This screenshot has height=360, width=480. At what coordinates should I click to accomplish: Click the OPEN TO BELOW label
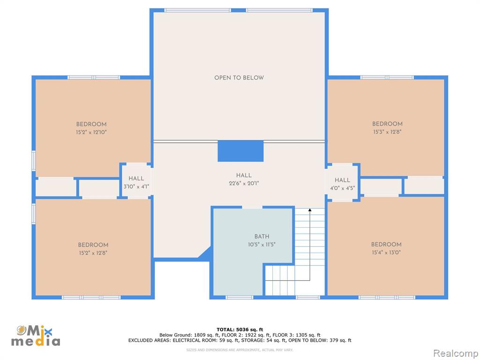point(239,78)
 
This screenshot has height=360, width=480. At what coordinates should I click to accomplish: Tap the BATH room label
point(262,236)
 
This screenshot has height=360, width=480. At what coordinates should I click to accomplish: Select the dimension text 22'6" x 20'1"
point(244,183)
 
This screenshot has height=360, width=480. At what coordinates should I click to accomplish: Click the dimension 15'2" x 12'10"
point(91,132)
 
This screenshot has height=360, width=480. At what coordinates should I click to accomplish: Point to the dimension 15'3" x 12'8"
point(387,132)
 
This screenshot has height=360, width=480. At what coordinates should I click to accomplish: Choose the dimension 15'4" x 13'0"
point(386,253)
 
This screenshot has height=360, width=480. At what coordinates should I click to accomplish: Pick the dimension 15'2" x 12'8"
point(93,253)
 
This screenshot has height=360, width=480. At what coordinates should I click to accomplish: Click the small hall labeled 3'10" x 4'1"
point(136,182)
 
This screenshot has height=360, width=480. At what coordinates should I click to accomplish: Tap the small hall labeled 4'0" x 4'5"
point(342,184)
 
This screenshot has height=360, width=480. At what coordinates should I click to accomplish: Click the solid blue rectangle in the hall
point(240,151)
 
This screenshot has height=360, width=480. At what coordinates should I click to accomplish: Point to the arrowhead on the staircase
point(310,210)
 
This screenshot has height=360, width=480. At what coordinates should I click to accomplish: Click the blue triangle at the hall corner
point(205,254)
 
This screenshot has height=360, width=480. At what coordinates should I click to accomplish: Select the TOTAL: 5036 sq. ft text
point(240,330)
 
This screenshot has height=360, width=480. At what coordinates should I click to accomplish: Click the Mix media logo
point(36,336)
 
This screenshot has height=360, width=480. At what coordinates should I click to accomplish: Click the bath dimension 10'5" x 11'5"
point(262,245)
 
